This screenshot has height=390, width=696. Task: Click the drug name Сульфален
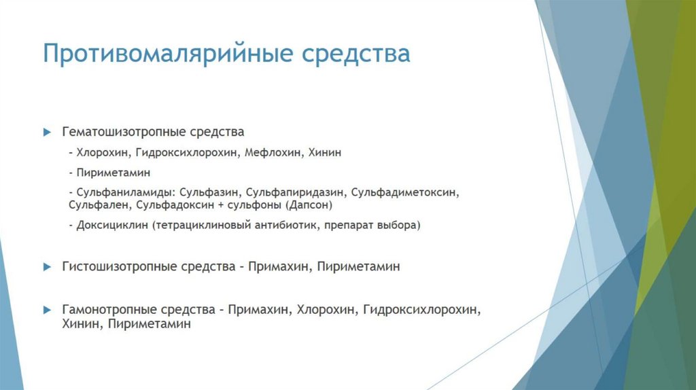tap(99, 204)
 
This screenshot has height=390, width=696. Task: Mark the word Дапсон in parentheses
tap(309, 204)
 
